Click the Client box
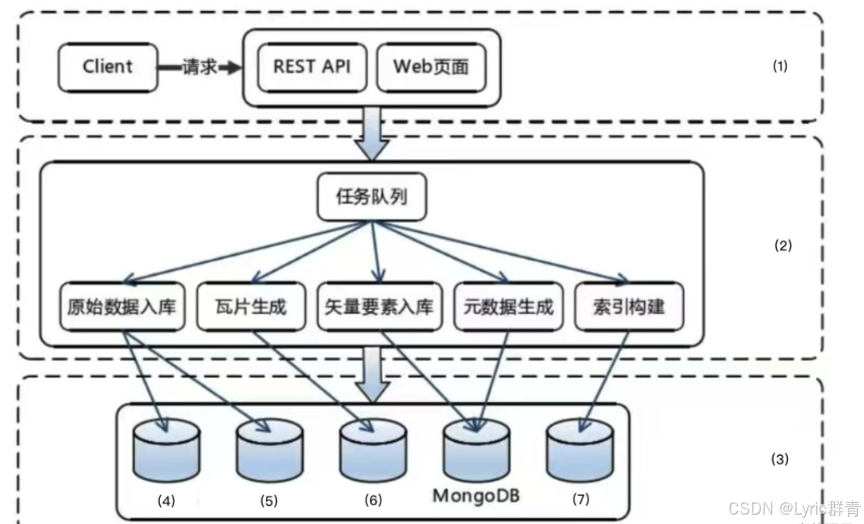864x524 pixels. coord(107,67)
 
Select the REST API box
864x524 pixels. coord(311,67)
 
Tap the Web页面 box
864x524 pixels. coord(430,67)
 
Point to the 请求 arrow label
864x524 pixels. coord(199,67)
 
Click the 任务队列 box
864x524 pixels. coord(373,196)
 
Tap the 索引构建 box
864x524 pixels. coord(629,305)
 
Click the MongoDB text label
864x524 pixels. coord(476,497)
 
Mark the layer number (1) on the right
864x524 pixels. coord(779,67)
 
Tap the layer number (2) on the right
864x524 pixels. coord(782,246)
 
